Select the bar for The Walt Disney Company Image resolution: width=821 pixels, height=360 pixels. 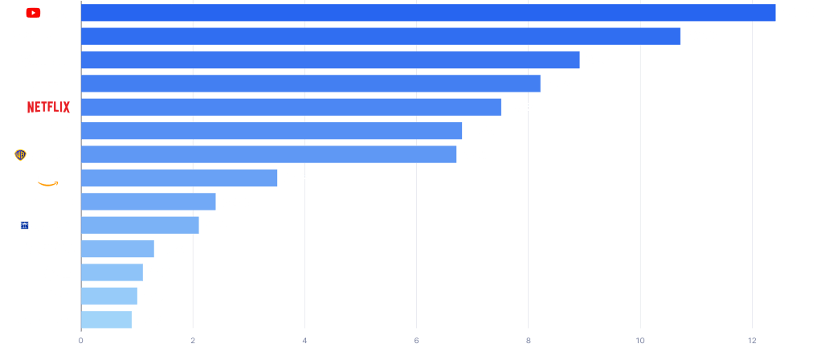pos(381,36)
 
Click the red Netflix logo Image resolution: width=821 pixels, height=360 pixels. pos(48,107)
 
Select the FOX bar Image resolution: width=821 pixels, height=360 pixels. pos(272,131)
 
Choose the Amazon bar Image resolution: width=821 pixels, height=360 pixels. pos(179,178)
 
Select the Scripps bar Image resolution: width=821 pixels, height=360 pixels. pos(140,225)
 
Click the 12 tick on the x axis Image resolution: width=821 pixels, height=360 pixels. pos(752,340)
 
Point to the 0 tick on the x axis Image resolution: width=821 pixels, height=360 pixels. pos(81,340)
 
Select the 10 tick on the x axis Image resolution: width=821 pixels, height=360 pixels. pos(640,340)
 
